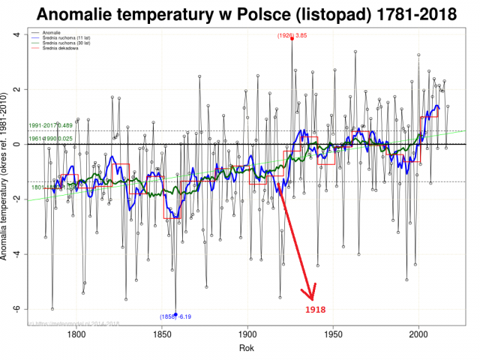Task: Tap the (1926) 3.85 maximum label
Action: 292,36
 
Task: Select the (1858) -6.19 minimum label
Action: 175,317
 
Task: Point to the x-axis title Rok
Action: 246,349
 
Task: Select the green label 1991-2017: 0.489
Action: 50,125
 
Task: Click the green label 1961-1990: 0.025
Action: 50,138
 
